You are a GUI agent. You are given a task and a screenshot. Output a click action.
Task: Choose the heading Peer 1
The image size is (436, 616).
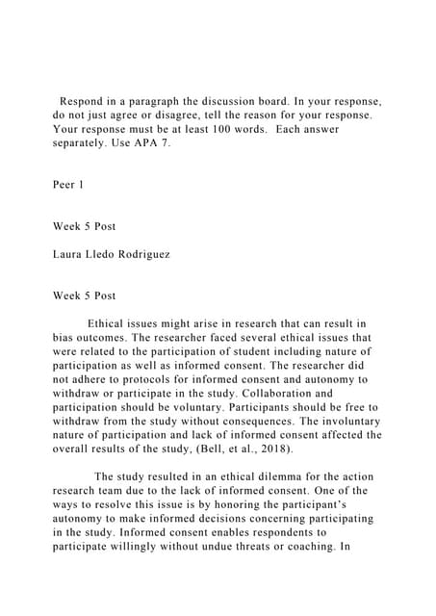pos(70,184)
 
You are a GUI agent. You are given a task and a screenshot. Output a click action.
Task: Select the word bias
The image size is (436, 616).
pos(65,338)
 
